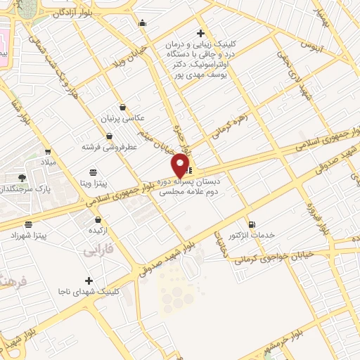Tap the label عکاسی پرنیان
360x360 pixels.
tap(124, 118)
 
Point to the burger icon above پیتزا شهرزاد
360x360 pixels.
tap(28, 225)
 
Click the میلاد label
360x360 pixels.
tap(47, 162)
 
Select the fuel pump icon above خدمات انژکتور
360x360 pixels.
tap(252, 224)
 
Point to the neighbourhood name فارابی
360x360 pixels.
tap(98, 250)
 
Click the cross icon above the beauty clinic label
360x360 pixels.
tap(201, 33)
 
